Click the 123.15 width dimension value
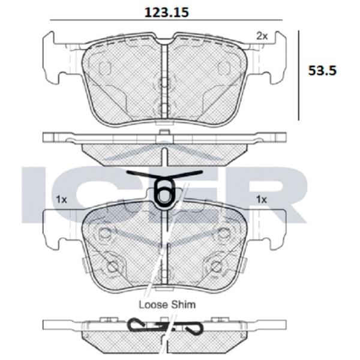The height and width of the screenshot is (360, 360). tap(167, 13)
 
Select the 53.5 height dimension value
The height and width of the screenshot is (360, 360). tap(322, 70)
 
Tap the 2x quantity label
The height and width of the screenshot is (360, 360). tap(262, 36)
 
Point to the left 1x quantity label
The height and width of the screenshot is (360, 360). tap(61, 200)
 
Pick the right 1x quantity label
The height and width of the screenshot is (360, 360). tap(262, 200)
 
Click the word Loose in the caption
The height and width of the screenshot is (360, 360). tap(153, 305)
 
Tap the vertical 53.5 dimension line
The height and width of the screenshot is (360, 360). tap(298, 76)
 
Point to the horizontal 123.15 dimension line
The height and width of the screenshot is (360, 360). tap(166, 20)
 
